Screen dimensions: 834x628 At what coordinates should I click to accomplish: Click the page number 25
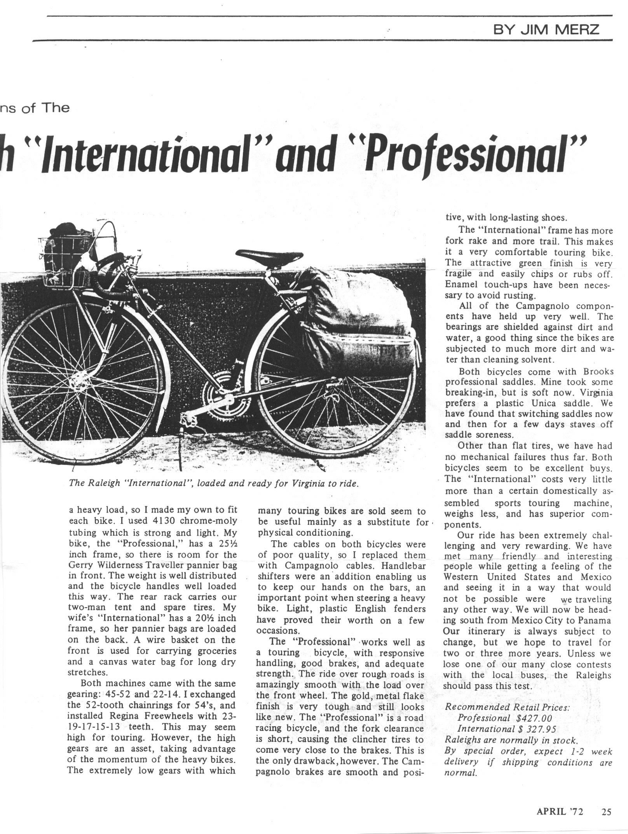pyautogui.click(x=606, y=811)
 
